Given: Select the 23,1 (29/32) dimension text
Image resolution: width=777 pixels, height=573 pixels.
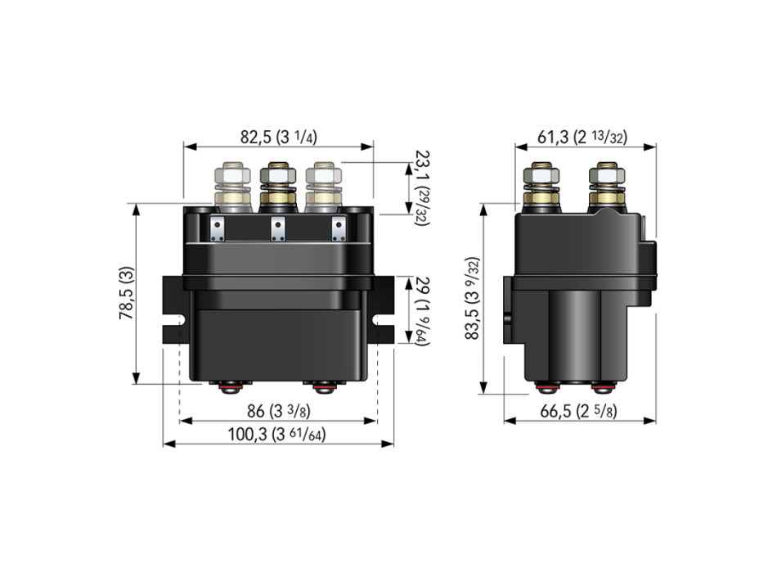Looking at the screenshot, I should tap(422, 188).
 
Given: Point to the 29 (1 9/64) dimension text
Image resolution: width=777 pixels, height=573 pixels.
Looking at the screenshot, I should tap(422, 311).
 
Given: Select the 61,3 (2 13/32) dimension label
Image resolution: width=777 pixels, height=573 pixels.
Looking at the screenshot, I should tap(582, 137).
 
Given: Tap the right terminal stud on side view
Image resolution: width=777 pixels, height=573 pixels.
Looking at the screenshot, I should tap(606, 187).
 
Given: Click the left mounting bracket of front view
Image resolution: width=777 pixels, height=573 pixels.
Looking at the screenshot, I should tap(174, 309).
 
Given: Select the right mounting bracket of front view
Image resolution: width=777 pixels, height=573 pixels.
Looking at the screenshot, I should tap(383, 309).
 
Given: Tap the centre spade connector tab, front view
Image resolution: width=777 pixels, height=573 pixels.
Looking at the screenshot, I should tap(278, 228).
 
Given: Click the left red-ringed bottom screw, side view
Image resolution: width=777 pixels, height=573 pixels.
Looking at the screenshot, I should tap(543, 387).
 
